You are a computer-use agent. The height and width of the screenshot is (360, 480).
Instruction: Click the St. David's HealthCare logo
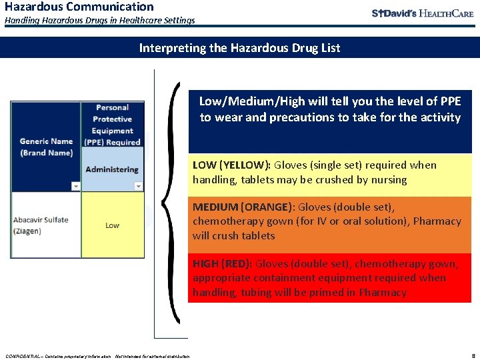[422, 13]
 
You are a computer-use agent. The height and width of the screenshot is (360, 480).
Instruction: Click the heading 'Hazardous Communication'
[79, 7]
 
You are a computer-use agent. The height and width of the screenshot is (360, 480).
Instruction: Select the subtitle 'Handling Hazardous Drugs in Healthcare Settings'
[100, 21]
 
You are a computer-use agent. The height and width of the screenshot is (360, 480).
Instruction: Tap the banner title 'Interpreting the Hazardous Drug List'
[239, 47]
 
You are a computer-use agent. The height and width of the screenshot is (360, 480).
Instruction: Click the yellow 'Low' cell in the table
[113, 225]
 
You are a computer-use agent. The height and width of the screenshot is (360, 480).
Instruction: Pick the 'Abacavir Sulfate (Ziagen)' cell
[44, 225]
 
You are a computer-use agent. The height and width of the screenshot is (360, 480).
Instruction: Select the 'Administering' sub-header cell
[112, 169]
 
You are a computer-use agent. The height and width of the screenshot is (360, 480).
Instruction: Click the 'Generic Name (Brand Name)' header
[46, 147]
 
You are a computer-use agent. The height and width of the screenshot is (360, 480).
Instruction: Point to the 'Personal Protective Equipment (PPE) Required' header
[112, 125]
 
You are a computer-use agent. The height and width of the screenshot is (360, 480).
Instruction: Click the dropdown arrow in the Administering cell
[139, 187]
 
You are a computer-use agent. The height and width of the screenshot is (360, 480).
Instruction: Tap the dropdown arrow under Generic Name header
[75, 187]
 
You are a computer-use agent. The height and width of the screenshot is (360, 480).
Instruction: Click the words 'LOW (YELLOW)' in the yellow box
[231, 165]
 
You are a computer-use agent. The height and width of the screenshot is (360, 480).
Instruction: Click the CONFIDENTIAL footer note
[97, 355]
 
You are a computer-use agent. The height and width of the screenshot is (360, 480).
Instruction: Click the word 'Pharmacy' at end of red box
[384, 293]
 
